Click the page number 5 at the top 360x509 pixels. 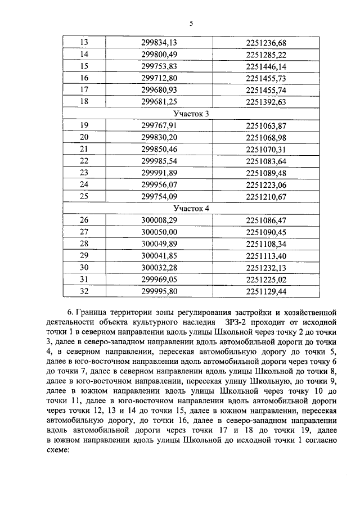(x=191, y=23)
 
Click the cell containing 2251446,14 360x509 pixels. (x=266, y=66)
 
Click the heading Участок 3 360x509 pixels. (x=191, y=113)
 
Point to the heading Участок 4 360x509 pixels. (x=191, y=208)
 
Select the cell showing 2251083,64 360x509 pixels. (x=266, y=161)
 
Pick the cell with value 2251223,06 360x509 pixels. (x=266, y=184)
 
